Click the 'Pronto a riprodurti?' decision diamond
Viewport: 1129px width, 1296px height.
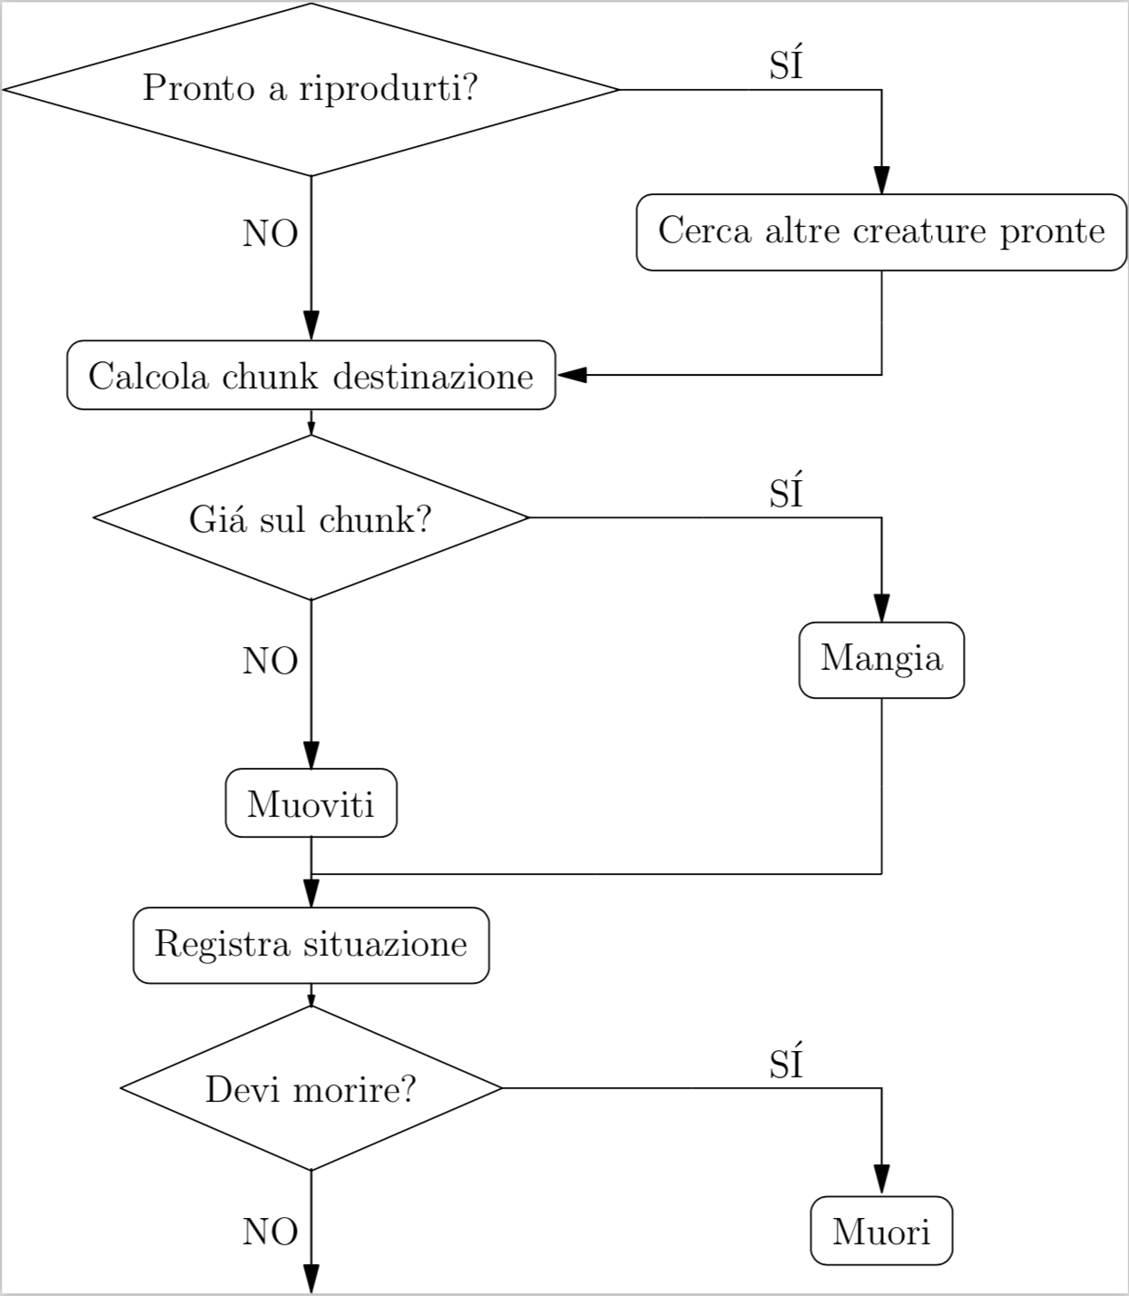coord(310,89)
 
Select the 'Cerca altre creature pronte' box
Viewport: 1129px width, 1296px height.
coord(880,231)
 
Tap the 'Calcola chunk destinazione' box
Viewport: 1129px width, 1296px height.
coord(310,376)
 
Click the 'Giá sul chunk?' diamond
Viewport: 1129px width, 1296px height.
coord(310,518)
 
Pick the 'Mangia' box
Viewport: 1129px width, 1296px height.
coord(880,659)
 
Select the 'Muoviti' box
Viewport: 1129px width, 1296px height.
coord(310,803)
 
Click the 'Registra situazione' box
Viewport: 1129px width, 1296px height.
coord(310,945)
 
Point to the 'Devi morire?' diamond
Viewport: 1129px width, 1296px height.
coord(310,1088)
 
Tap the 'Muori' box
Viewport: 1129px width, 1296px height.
coord(880,1231)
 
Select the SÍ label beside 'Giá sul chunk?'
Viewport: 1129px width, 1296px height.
coord(786,492)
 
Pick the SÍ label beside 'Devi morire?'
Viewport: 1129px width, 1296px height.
coord(786,1063)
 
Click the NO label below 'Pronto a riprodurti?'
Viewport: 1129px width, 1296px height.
coord(270,234)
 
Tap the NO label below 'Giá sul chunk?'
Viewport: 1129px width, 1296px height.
coord(270,662)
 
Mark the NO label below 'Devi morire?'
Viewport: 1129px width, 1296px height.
coord(270,1232)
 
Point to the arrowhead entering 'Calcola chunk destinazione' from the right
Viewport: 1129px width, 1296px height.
coord(573,375)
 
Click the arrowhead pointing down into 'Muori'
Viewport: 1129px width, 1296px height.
coord(880,1179)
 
